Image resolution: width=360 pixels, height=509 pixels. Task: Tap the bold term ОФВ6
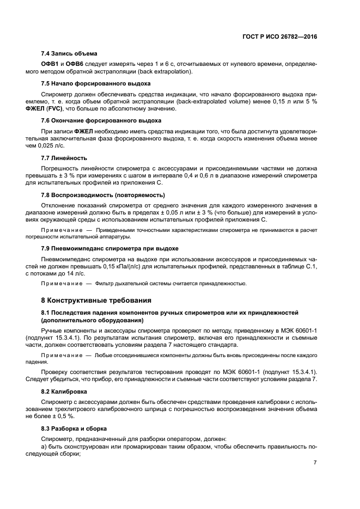pos(75,64)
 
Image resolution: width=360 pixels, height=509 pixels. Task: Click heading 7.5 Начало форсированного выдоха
pos(96,83)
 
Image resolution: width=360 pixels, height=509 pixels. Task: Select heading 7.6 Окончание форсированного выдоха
pos(101,120)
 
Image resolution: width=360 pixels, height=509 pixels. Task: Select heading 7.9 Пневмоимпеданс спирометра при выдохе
pos(109,248)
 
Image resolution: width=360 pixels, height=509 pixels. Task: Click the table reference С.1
pos(310,267)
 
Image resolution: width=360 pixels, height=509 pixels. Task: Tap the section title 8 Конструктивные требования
pos(100,300)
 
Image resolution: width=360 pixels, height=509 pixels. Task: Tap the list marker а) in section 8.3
pos(45,446)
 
